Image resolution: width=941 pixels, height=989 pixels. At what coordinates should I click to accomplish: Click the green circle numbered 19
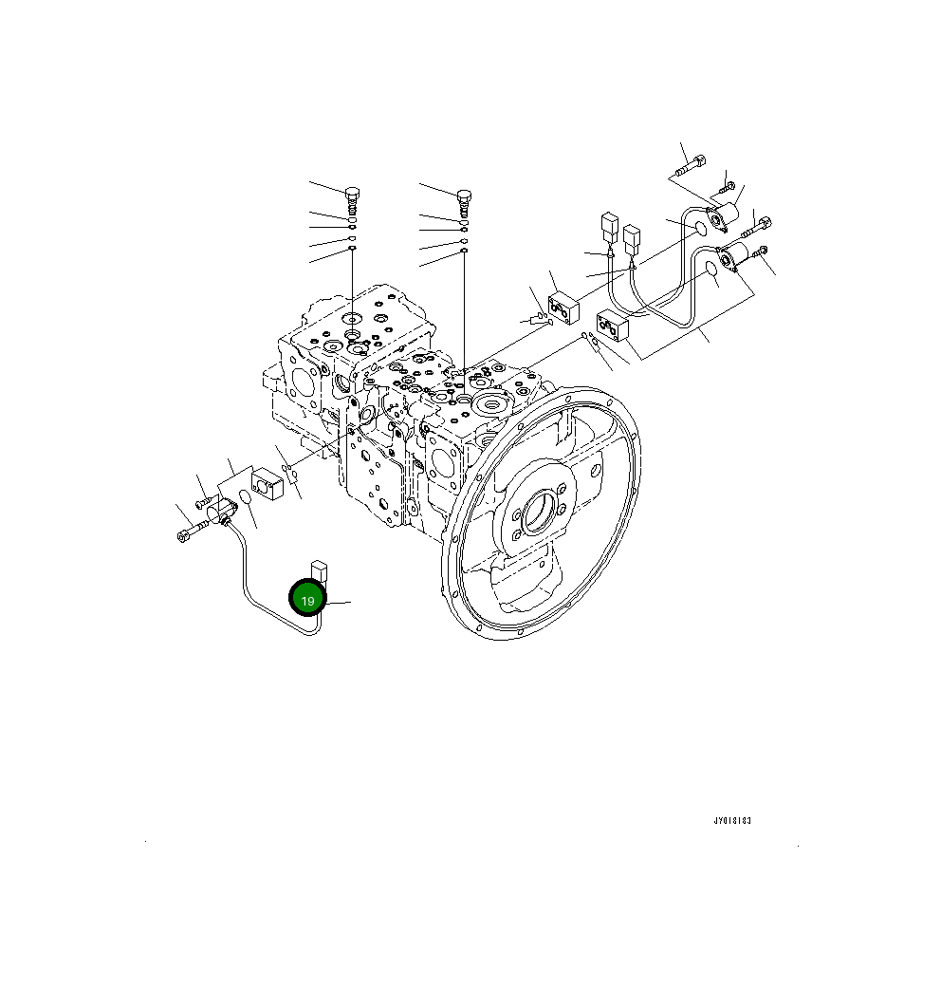(307, 600)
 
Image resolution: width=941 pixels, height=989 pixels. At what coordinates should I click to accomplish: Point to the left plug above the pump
(353, 200)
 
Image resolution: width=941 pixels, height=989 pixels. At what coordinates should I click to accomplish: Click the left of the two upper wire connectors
(609, 229)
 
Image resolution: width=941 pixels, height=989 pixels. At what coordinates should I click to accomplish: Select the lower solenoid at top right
(735, 256)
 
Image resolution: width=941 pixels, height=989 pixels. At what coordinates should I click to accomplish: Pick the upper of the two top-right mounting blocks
(564, 306)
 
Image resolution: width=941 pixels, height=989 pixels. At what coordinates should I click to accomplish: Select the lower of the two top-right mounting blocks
(612, 327)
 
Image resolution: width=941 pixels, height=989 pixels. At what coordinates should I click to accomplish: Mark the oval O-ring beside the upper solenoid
(700, 228)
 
